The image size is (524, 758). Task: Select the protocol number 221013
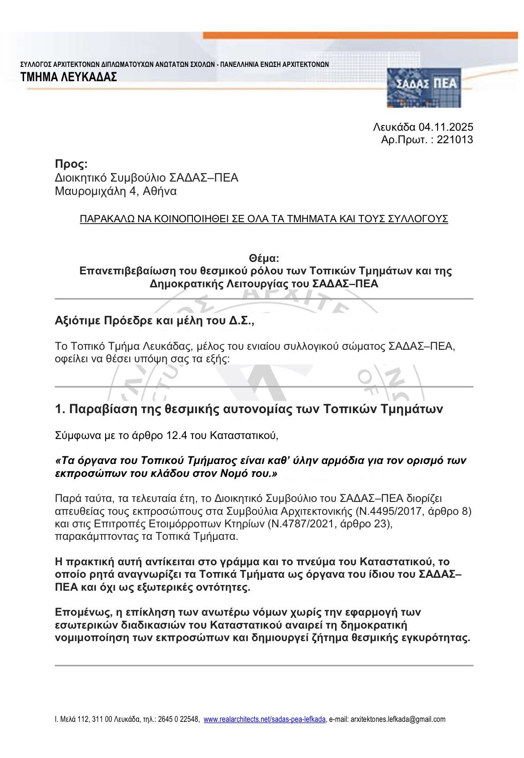pyautogui.click(x=455, y=140)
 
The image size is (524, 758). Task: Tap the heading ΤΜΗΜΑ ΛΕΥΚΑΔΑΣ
pyautogui.click(x=69, y=77)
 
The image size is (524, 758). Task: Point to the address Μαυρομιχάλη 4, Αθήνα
pyautogui.click(x=115, y=191)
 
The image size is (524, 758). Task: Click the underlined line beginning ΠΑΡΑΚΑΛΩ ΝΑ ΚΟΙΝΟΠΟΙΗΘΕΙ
pyautogui.click(x=264, y=219)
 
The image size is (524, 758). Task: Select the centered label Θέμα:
pyautogui.click(x=264, y=258)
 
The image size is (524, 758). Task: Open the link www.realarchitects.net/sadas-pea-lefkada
pyautogui.click(x=265, y=719)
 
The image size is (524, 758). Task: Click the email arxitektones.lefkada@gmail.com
pyautogui.click(x=398, y=719)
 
